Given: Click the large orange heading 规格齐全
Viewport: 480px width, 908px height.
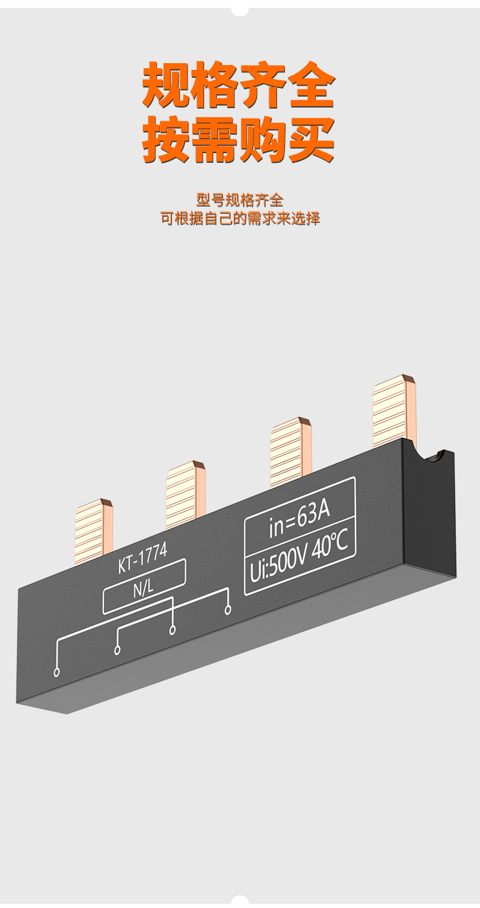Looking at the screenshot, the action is pyautogui.click(x=239, y=85).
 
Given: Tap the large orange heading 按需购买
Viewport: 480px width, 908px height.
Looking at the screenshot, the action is pyautogui.click(x=239, y=140).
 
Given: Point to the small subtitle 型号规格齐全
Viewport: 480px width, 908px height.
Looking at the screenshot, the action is pyautogui.click(x=239, y=200).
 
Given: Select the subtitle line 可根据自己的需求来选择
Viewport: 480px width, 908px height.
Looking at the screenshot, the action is pyautogui.click(x=240, y=219).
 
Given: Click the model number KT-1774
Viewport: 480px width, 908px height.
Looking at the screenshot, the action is pyautogui.click(x=142, y=559).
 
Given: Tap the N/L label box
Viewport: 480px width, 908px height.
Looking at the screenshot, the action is pyautogui.click(x=145, y=587).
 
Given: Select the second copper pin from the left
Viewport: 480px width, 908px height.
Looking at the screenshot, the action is pyautogui.click(x=185, y=494).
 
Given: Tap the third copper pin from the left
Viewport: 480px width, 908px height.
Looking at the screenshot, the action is pyautogui.click(x=290, y=451).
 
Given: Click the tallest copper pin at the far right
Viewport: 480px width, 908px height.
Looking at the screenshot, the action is pyautogui.click(x=394, y=410).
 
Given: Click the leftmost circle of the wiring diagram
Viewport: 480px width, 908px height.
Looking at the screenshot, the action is pyautogui.click(x=57, y=672).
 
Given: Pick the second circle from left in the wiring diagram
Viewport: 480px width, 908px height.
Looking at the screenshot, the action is pyautogui.click(x=117, y=650).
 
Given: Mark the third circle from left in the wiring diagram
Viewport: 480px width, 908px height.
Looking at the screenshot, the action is pyautogui.click(x=173, y=630).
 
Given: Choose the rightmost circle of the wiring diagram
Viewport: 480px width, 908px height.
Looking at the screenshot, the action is pyautogui.click(x=228, y=609).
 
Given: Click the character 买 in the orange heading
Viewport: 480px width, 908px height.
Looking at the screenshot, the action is pyautogui.click(x=311, y=140).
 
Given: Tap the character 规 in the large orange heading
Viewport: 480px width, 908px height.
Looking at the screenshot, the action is pyautogui.click(x=166, y=85).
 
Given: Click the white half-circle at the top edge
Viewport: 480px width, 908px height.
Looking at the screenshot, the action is pyautogui.click(x=239, y=11).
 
